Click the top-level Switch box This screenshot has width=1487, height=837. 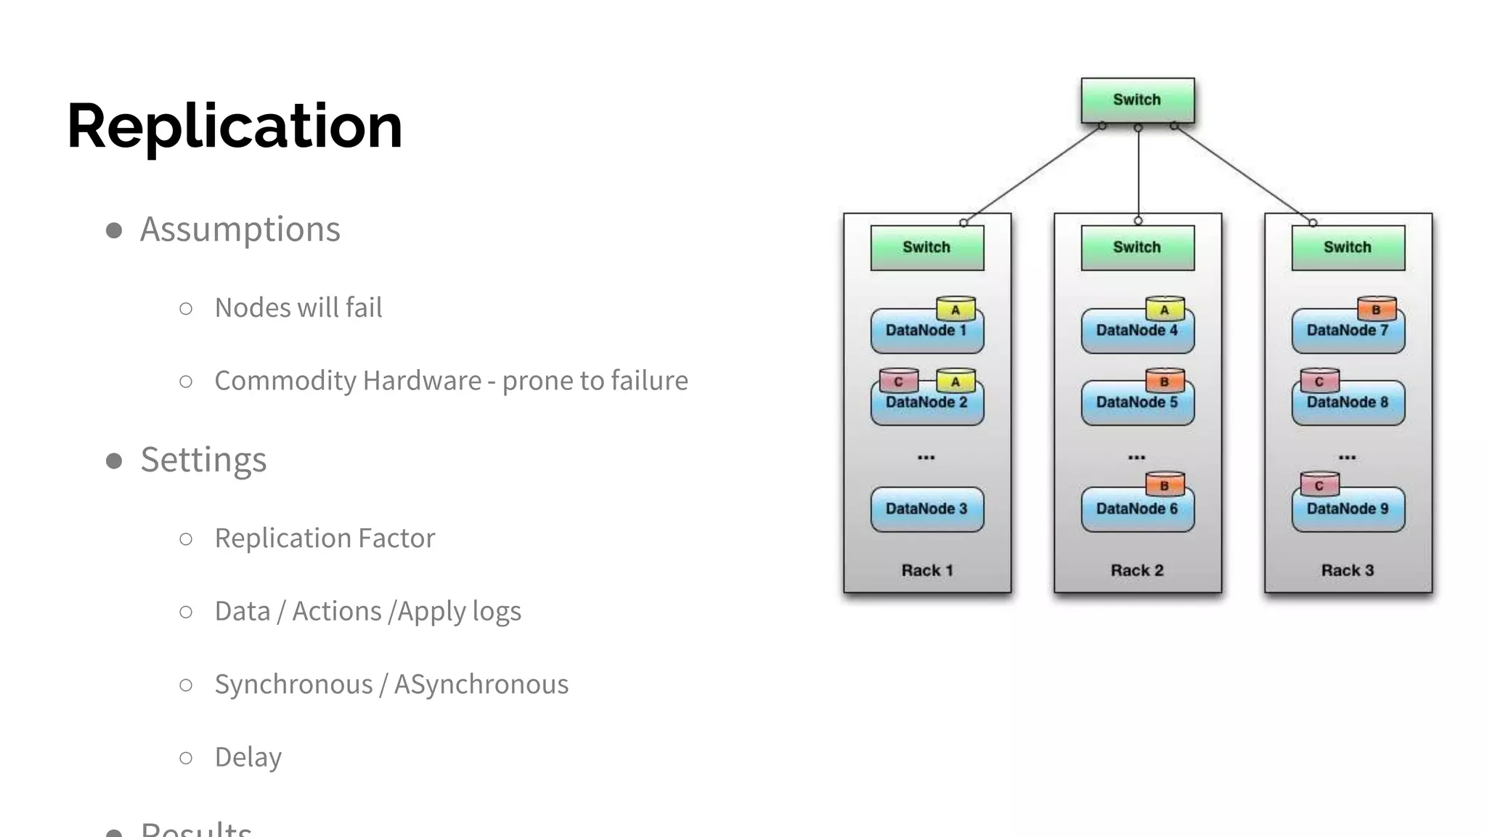[1137, 100]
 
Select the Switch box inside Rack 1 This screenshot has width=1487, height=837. [926, 248]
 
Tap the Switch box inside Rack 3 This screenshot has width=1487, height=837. [1348, 248]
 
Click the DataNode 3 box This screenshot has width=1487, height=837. [926, 509]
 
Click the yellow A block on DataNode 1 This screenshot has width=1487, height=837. [956, 310]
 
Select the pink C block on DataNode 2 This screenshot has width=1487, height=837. [898, 381]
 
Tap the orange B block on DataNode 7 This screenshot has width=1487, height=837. [1376, 309]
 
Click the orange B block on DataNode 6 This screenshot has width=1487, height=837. [1165, 485]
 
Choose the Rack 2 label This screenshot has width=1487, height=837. [1137, 570]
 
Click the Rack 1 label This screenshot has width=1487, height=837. [926, 570]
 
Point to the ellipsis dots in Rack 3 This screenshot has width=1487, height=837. [1347, 458]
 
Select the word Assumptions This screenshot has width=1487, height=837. [240, 230]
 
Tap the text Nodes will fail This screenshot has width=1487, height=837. [298, 308]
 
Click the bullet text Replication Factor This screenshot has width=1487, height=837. [325, 538]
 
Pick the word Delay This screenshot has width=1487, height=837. [248, 757]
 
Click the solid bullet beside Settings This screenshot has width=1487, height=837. [114, 461]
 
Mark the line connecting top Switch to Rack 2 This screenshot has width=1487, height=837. [1138, 174]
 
